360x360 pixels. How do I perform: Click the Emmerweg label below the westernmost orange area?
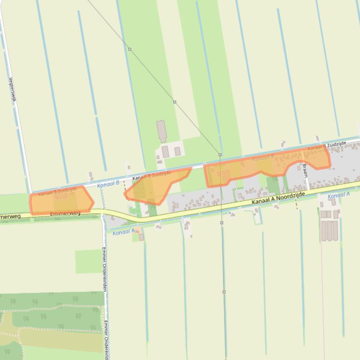(x=65, y=214)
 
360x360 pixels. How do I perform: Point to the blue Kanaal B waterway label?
(x=108, y=185)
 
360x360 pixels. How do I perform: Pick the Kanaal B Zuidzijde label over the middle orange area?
(x=151, y=176)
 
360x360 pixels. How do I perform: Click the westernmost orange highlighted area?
(x=61, y=200)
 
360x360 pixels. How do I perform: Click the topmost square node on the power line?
(x=130, y=49)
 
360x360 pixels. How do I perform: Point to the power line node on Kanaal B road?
(x=220, y=154)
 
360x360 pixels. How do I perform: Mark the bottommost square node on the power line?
(x=224, y=292)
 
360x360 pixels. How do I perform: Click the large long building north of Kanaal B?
(x=162, y=131)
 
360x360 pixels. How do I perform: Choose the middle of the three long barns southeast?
(x=329, y=230)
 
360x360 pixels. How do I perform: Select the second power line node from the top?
(x=175, y=101)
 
